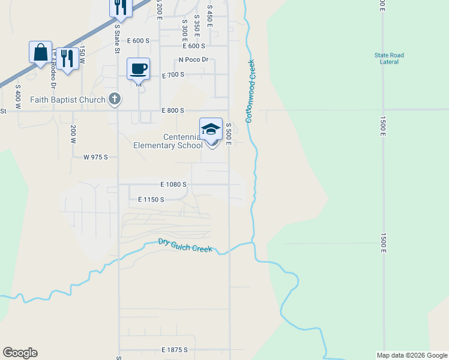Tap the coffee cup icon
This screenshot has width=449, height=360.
click(138, 68)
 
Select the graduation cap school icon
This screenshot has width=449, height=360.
click(211, 129)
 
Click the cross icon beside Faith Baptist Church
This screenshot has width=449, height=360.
click(116, 99)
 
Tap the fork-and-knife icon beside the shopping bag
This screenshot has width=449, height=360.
click(67, 58)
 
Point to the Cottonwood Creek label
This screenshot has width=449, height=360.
click(249, 91)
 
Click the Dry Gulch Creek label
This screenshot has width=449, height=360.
click(185, 245)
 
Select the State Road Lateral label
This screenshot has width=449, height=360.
click(389, 58)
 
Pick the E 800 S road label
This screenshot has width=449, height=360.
click(173, 110)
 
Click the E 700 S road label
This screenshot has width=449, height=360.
click(173, 75)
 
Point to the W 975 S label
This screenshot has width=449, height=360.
click(95, 157)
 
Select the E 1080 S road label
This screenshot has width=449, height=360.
click(173, 185)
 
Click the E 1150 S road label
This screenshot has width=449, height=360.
click(151, 199)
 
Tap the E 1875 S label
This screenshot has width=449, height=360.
click(175, 350)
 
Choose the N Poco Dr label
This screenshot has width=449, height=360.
click(193, 59)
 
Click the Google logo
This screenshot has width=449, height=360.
click(20, 353)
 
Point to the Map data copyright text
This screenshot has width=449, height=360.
click(411, 355)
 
